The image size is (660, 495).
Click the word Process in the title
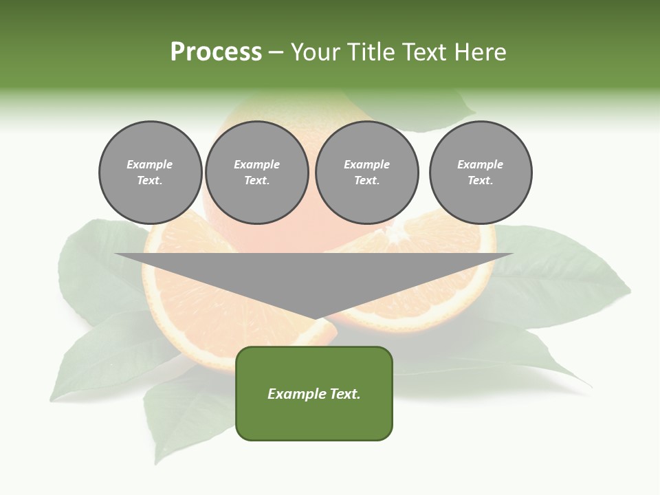(216, 52)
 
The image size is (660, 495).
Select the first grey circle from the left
(150, 173)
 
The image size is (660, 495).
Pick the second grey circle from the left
(256, 173)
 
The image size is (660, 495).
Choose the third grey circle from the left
(366, 173)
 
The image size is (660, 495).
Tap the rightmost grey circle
(480, 173)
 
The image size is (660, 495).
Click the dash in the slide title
(276, 52)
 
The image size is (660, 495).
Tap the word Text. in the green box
(344, 394)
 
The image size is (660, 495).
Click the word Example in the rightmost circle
(480, 164)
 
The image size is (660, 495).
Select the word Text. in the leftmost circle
(150, 181)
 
